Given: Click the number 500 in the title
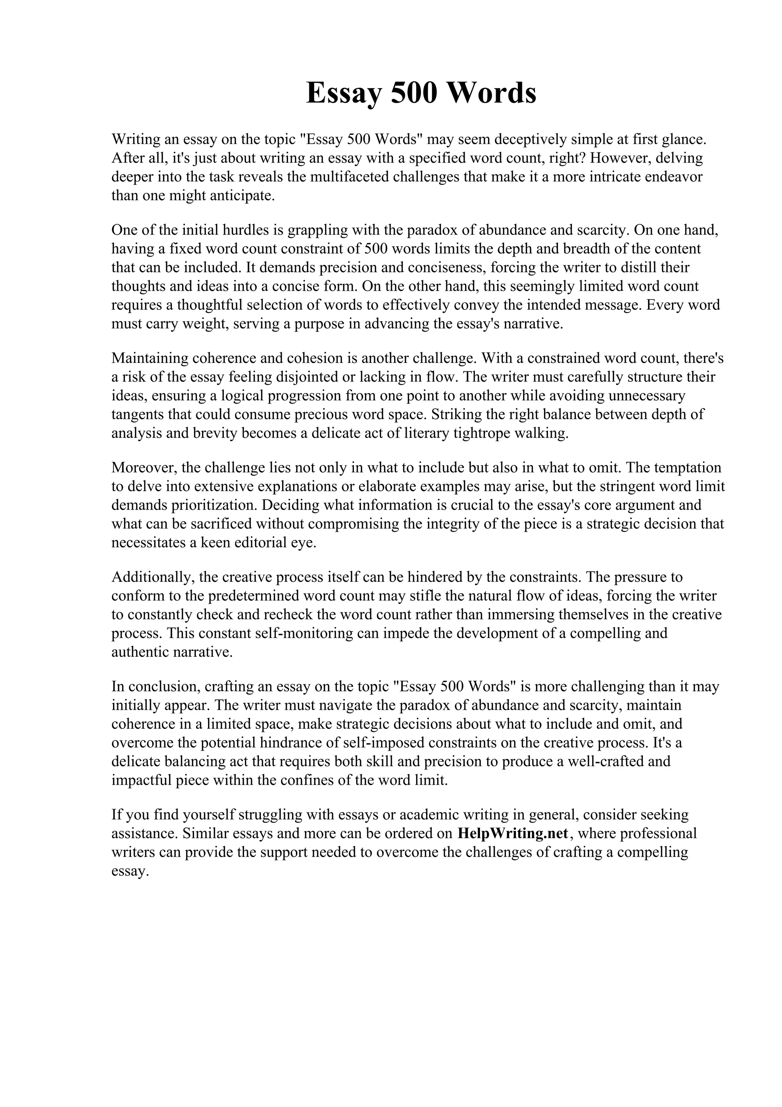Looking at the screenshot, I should click(414, 93).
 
